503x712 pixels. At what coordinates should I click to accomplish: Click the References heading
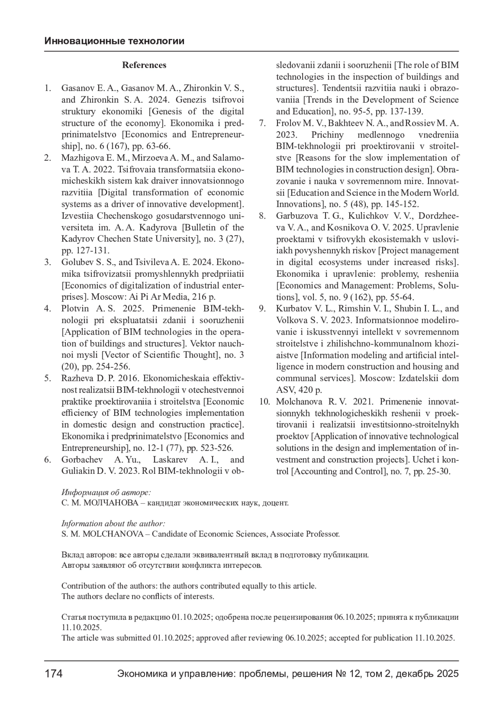coord(144,65)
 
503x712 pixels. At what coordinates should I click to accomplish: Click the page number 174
coord(54,674)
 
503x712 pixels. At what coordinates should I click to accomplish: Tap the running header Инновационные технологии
coord(114,41)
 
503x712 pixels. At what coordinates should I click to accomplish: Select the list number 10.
coord(264,401)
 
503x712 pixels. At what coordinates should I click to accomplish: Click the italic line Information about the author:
coord(113,523)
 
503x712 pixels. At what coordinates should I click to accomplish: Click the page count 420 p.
coord(310,390)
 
